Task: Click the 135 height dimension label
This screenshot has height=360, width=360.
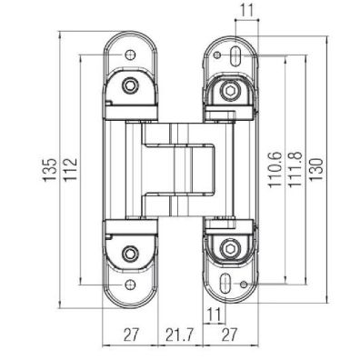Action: (x=51, y=169)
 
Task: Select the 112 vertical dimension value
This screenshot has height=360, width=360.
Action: (x=72, y=169)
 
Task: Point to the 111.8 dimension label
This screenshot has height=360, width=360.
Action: (x=295, y=170)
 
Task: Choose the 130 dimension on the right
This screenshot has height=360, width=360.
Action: (x=315, y=170)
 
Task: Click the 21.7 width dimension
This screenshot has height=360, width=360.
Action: (x=179, y=335)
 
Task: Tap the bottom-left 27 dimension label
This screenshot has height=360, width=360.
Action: (x=130, y=335)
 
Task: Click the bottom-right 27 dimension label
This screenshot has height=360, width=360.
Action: (x=231, y=335)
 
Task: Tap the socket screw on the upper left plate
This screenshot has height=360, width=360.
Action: (x=131, y=86)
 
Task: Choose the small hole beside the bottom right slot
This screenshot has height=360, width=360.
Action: (x=244, y=284)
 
